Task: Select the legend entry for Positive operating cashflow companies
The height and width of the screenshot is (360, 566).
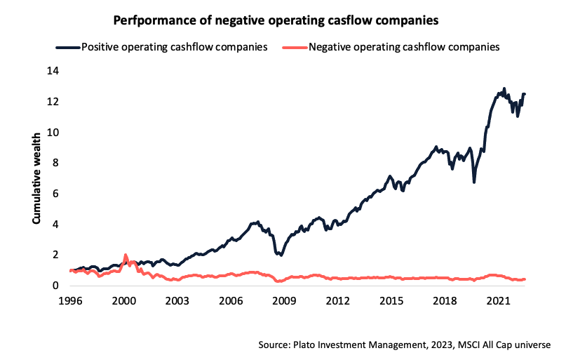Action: pos(174,48)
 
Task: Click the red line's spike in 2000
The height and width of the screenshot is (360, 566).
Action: pos(126,255)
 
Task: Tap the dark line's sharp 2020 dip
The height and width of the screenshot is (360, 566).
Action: pos(475,182)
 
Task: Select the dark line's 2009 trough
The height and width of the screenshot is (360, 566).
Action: pos(281,255)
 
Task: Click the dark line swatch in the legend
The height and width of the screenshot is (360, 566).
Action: pos(68,48)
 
